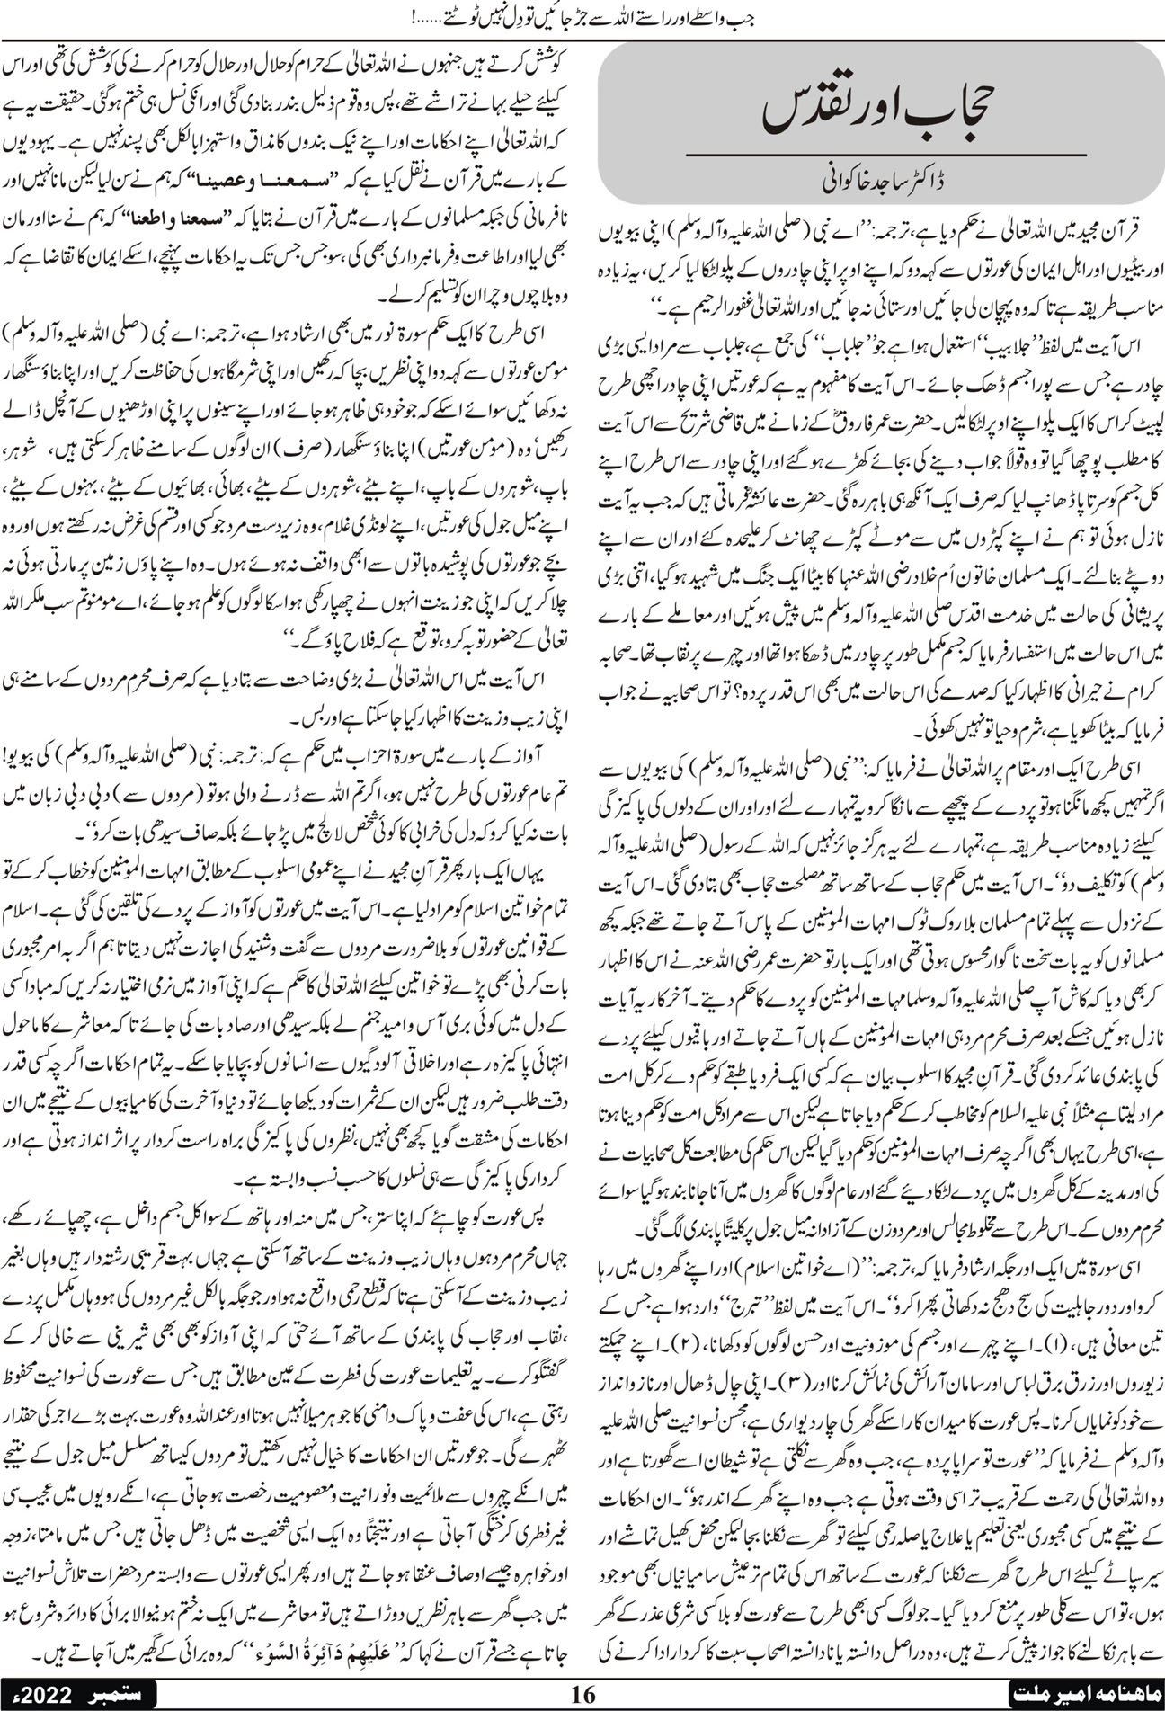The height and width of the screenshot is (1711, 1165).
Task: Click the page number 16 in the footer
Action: (x=583, y=1694)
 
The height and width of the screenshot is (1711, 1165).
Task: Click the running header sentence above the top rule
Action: (x=584, y=15)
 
